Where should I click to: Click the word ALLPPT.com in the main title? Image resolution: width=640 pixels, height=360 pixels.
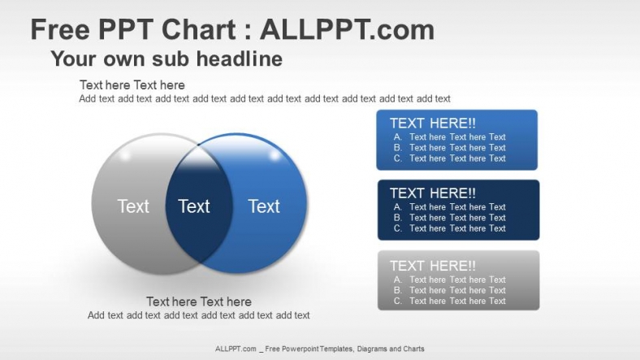pos(347,30)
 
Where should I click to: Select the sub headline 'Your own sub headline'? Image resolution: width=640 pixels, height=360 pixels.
pos(166,59)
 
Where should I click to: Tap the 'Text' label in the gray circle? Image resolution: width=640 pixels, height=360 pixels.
pos(133,206)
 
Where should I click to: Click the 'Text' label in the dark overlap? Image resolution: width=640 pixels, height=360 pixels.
pos(194,206)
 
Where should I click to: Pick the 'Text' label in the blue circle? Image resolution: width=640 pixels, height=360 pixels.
pos(264,206)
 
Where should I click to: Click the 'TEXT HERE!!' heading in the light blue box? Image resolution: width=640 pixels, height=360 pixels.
pos(433,124)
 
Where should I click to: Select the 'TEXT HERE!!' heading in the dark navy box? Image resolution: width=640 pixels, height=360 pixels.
pos(433,193)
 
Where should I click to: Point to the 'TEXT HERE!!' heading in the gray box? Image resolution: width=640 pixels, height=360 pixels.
pos(433,266)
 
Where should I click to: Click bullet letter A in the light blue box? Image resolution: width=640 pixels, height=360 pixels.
pos(398,137)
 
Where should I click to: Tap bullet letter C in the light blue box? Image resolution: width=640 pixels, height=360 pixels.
pos(398,158)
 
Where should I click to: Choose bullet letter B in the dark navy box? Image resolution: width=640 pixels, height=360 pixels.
pos(398,218)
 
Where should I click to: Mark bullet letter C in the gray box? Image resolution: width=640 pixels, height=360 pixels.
pos(398,301)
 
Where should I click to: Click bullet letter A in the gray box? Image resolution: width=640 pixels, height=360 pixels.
pos(398,280)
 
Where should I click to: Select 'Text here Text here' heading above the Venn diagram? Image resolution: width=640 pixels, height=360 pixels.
pos(132,85)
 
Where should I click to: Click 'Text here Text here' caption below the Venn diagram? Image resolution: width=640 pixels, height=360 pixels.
pos(199,301)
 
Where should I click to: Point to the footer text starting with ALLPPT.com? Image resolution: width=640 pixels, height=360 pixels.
pos(320,349)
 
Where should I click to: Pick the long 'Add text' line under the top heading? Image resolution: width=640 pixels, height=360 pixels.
pos(265,99)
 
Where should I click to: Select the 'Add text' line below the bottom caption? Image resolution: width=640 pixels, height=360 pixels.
pos(199,315)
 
